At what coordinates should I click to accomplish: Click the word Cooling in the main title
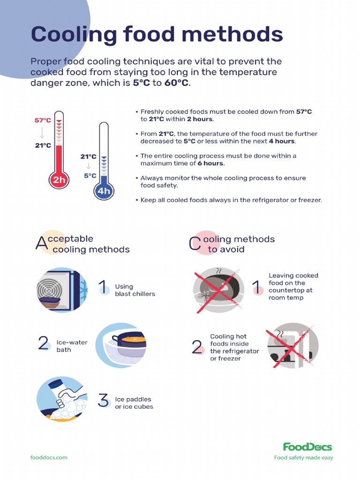(74, 34)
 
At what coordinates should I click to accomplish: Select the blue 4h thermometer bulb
(104, 191)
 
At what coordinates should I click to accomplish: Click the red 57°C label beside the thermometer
(42, 120)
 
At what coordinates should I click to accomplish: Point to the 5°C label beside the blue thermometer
(90, 176)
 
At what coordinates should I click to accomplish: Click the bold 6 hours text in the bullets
(211, 163)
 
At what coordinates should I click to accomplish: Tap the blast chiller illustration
(62, 290)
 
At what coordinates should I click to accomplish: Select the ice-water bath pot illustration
(123, 345)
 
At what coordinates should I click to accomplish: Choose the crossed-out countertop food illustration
(218, 290)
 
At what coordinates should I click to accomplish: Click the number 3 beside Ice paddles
(104, 400)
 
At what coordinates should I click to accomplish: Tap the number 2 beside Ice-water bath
(44, 344)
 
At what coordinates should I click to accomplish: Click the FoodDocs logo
(307, 447)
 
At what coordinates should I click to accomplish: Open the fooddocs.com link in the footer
(49, 457)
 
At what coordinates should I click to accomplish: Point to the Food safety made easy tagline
(303, 457)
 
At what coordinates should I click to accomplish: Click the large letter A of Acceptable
(42, 244)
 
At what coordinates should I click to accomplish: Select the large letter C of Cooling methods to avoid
(195, 244)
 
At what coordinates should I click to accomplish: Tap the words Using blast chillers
(135, 290)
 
